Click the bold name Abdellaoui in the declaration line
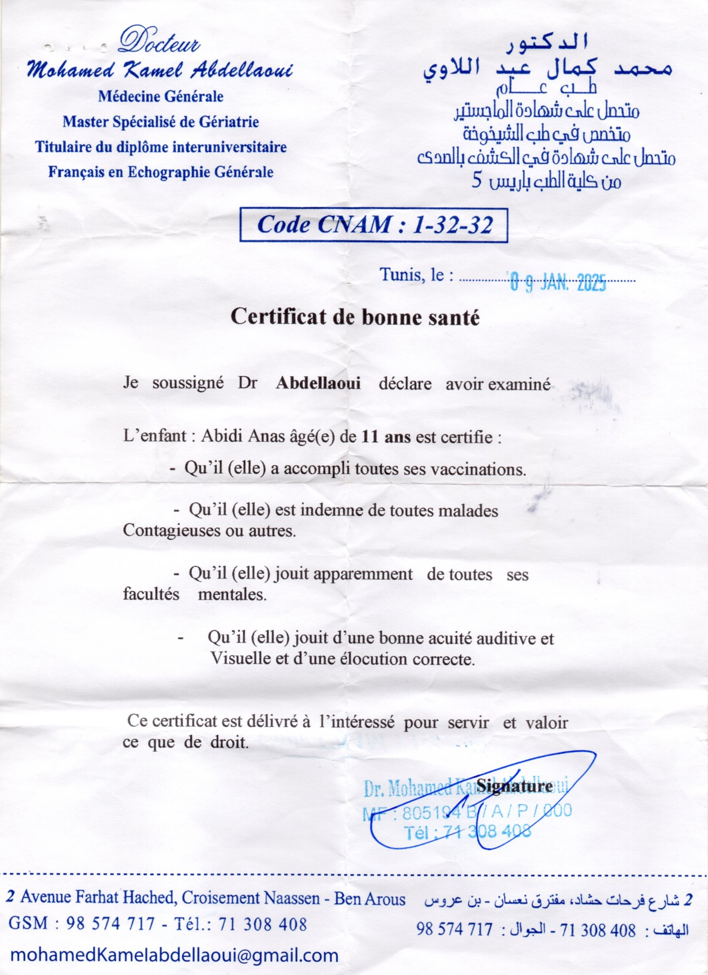(318, 383)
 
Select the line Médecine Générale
(161, 96)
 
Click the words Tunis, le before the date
(417, 275)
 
